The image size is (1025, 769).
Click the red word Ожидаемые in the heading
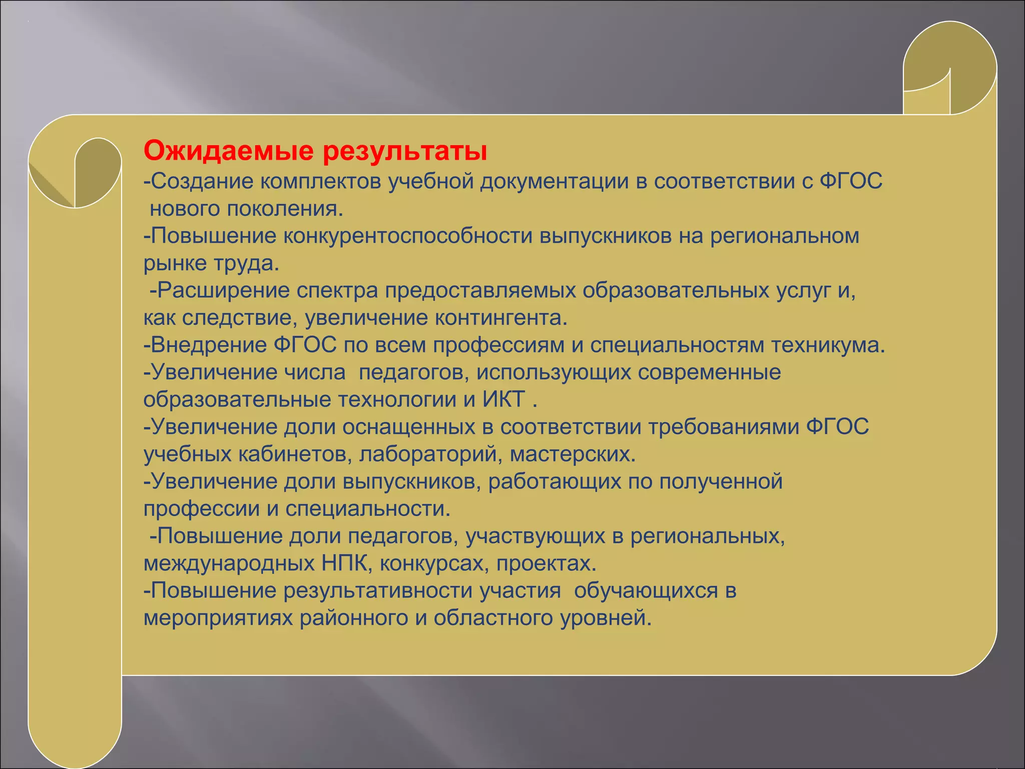(228, 151)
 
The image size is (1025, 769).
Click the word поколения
(285, 209)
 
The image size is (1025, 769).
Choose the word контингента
(500, 318)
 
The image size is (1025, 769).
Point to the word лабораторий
(431, 454)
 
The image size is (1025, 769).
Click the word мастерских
(573, 454)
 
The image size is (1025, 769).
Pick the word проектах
(546, 564)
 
